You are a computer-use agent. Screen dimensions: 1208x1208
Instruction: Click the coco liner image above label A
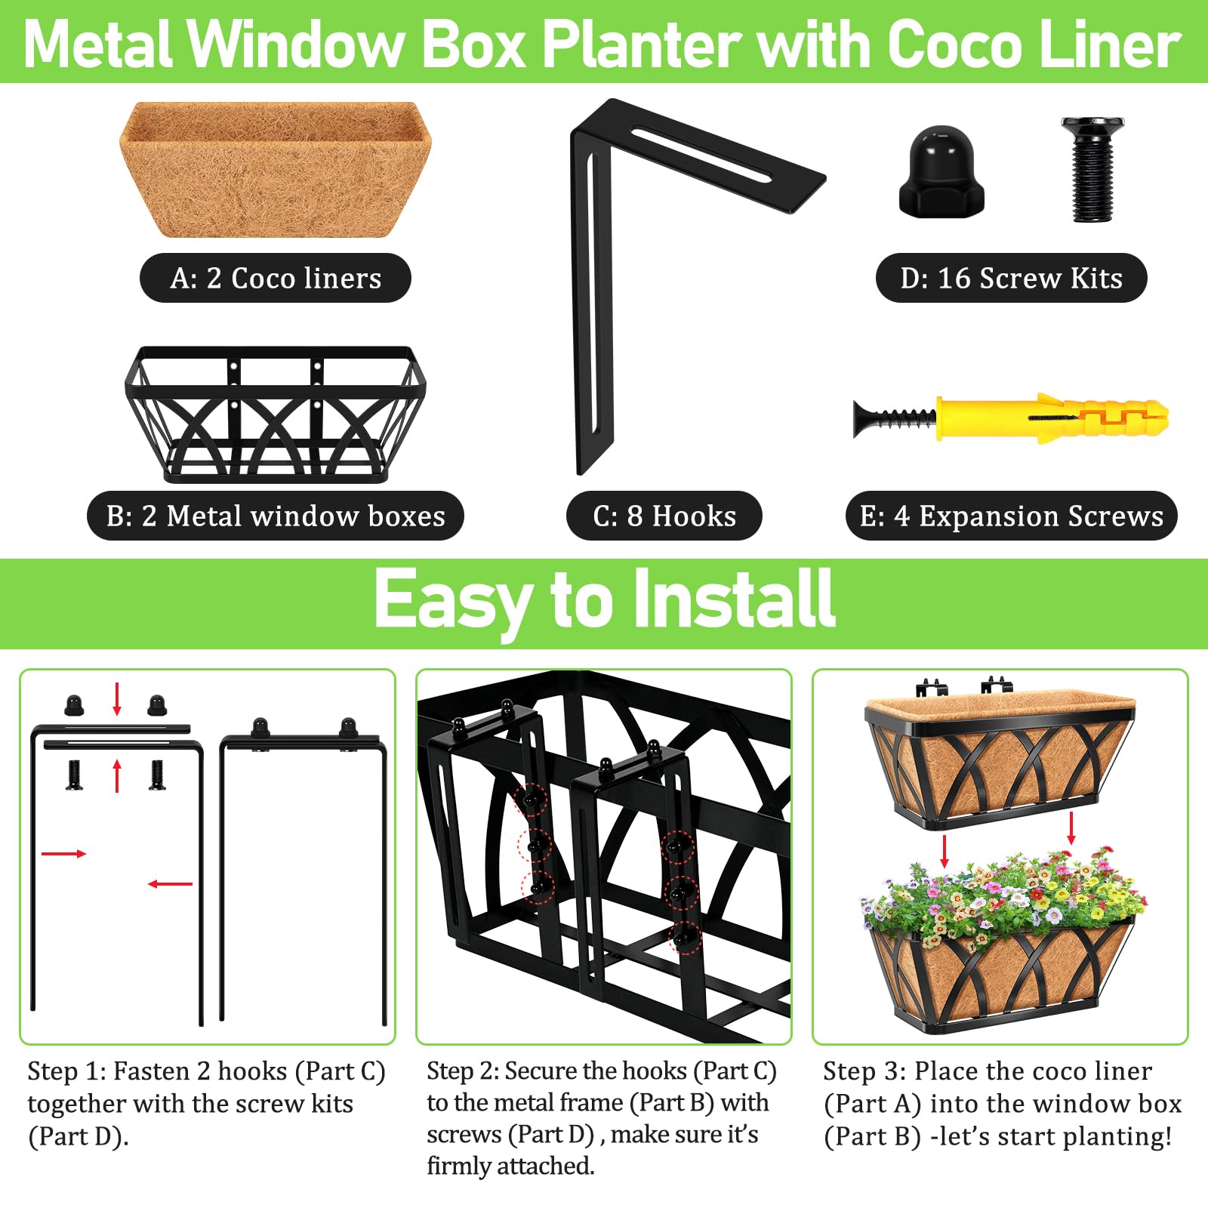pyautogui.click(x=276, y=170)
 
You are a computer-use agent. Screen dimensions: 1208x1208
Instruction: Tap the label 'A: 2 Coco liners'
pyautogui.click(x=276, y=278)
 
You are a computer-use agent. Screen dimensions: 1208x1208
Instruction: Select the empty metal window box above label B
pyautogui.click(x=276, y=414)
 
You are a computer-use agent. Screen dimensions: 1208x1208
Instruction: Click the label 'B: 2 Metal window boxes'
pyautogui.click(x=276, y=516)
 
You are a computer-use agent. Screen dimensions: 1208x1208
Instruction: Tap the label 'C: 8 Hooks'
pyautogui.click(x=664, y=516)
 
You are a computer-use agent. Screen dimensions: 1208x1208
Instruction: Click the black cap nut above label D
pyautogui.click(x=941, y=172)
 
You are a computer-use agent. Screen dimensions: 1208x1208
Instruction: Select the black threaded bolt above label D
pyautogui.click(x=1092, y=169)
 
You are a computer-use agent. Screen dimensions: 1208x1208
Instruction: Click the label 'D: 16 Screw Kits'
pyautogui.click(x=1012, y=278)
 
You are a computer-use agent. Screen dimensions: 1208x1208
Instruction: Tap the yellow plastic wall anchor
pyautogui.click(x=1052, y=418)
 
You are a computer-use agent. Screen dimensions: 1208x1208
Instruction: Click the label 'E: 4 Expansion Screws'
pyautogui.click(x=1012, y=516)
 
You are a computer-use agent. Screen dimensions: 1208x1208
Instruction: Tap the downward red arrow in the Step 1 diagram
pyautogui.click(x=117, y=699)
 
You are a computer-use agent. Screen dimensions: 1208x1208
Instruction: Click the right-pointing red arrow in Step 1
pyautogui.click(x=64, y=854)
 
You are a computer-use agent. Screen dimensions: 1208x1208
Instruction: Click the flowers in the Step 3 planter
pyautogui.click(x=1004, y=895)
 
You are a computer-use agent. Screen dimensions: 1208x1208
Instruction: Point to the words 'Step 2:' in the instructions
pyautogui.click(x=462, y=1071)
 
